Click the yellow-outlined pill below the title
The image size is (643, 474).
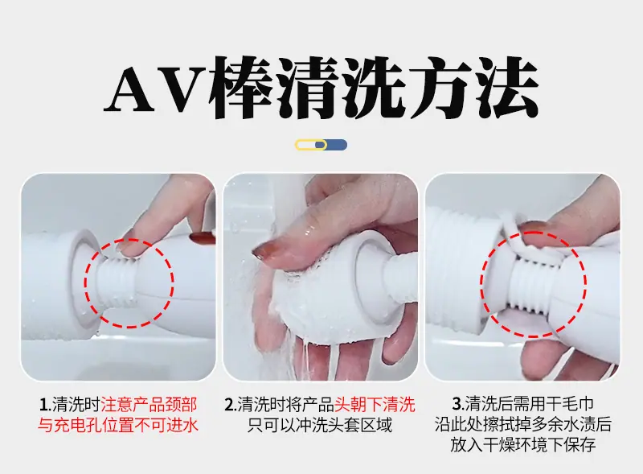[x=311, y=145]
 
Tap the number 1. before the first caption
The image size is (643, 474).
[x=45, y=405]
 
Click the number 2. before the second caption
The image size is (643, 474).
[x=231, y=405]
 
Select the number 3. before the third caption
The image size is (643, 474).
[x=458, y=404]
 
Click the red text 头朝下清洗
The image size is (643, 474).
[x=375, y=405]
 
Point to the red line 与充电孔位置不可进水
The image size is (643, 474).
[x=118, y=425]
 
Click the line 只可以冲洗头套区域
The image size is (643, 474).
[x=320, y=425]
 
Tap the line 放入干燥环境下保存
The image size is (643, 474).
[x=523, y=445]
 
